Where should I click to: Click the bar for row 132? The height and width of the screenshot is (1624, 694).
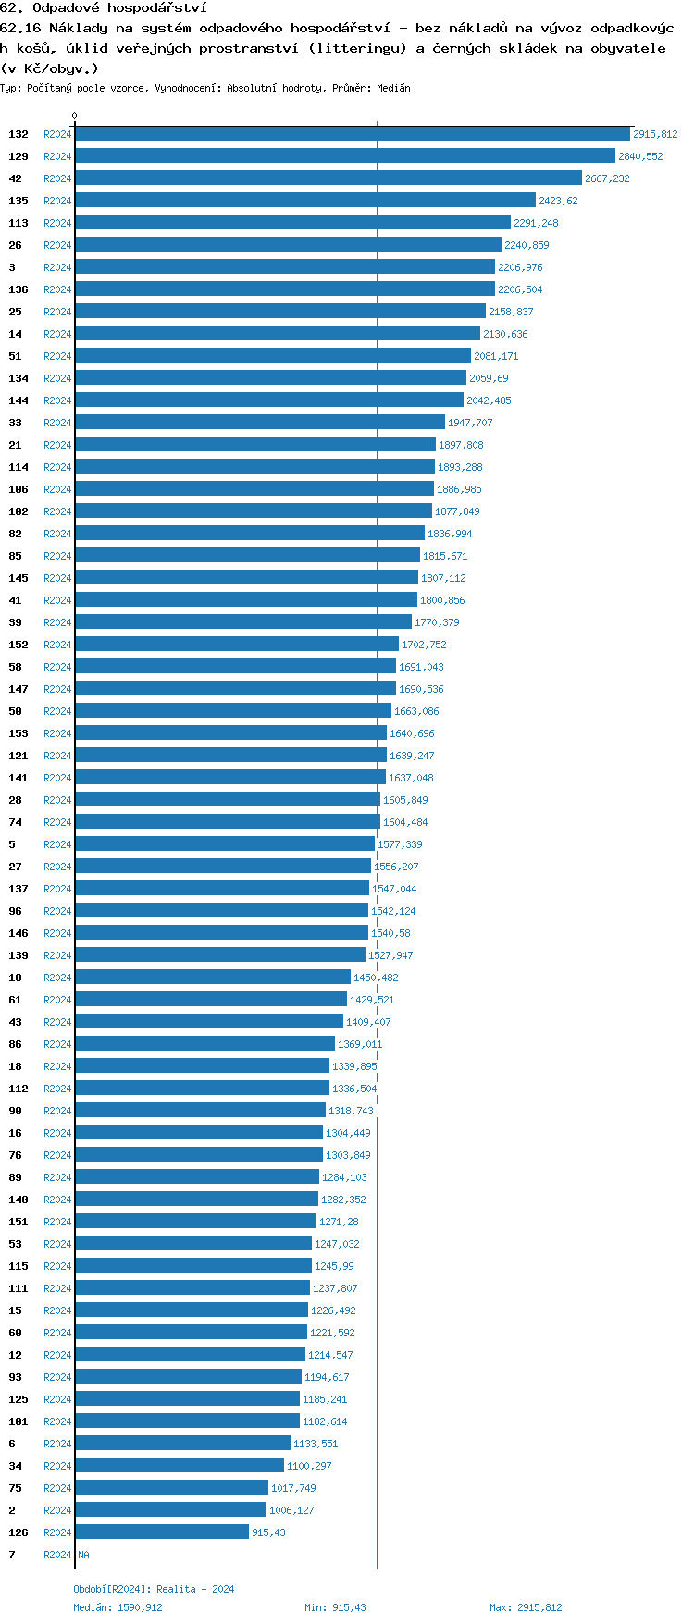coord(352,134)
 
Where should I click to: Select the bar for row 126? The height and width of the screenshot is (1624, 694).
coord(162,1532)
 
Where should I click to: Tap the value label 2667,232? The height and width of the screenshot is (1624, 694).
coord(607,178)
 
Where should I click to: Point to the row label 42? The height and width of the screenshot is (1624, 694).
coord(16,178)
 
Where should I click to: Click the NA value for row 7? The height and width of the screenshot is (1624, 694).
coord(83,1555)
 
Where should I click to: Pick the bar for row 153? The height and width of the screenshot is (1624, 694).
coord(230,733)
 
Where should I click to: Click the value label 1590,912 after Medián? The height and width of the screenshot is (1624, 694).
coord(140,1607)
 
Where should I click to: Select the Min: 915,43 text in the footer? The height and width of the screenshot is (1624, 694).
coord(335,1607)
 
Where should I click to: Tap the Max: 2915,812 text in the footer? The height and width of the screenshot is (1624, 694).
coord(526,1607)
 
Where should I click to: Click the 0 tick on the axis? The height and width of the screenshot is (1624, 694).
coord(75,116)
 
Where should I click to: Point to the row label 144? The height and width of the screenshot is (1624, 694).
coord(19,400)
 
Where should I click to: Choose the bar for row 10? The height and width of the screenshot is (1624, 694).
coord(213,978)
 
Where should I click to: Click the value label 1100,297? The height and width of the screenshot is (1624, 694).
coord(309,1466)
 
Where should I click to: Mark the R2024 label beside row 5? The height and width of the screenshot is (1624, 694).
coord(57,844)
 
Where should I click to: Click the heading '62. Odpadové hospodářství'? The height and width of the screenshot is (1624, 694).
coord(104,7)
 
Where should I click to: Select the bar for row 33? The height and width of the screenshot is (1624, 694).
coord(260,423)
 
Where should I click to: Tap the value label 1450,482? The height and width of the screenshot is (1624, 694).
coord(376,978)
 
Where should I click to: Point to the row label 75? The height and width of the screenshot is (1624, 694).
coord(16,1488)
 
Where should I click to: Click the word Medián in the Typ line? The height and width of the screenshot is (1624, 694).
coord(393,88)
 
